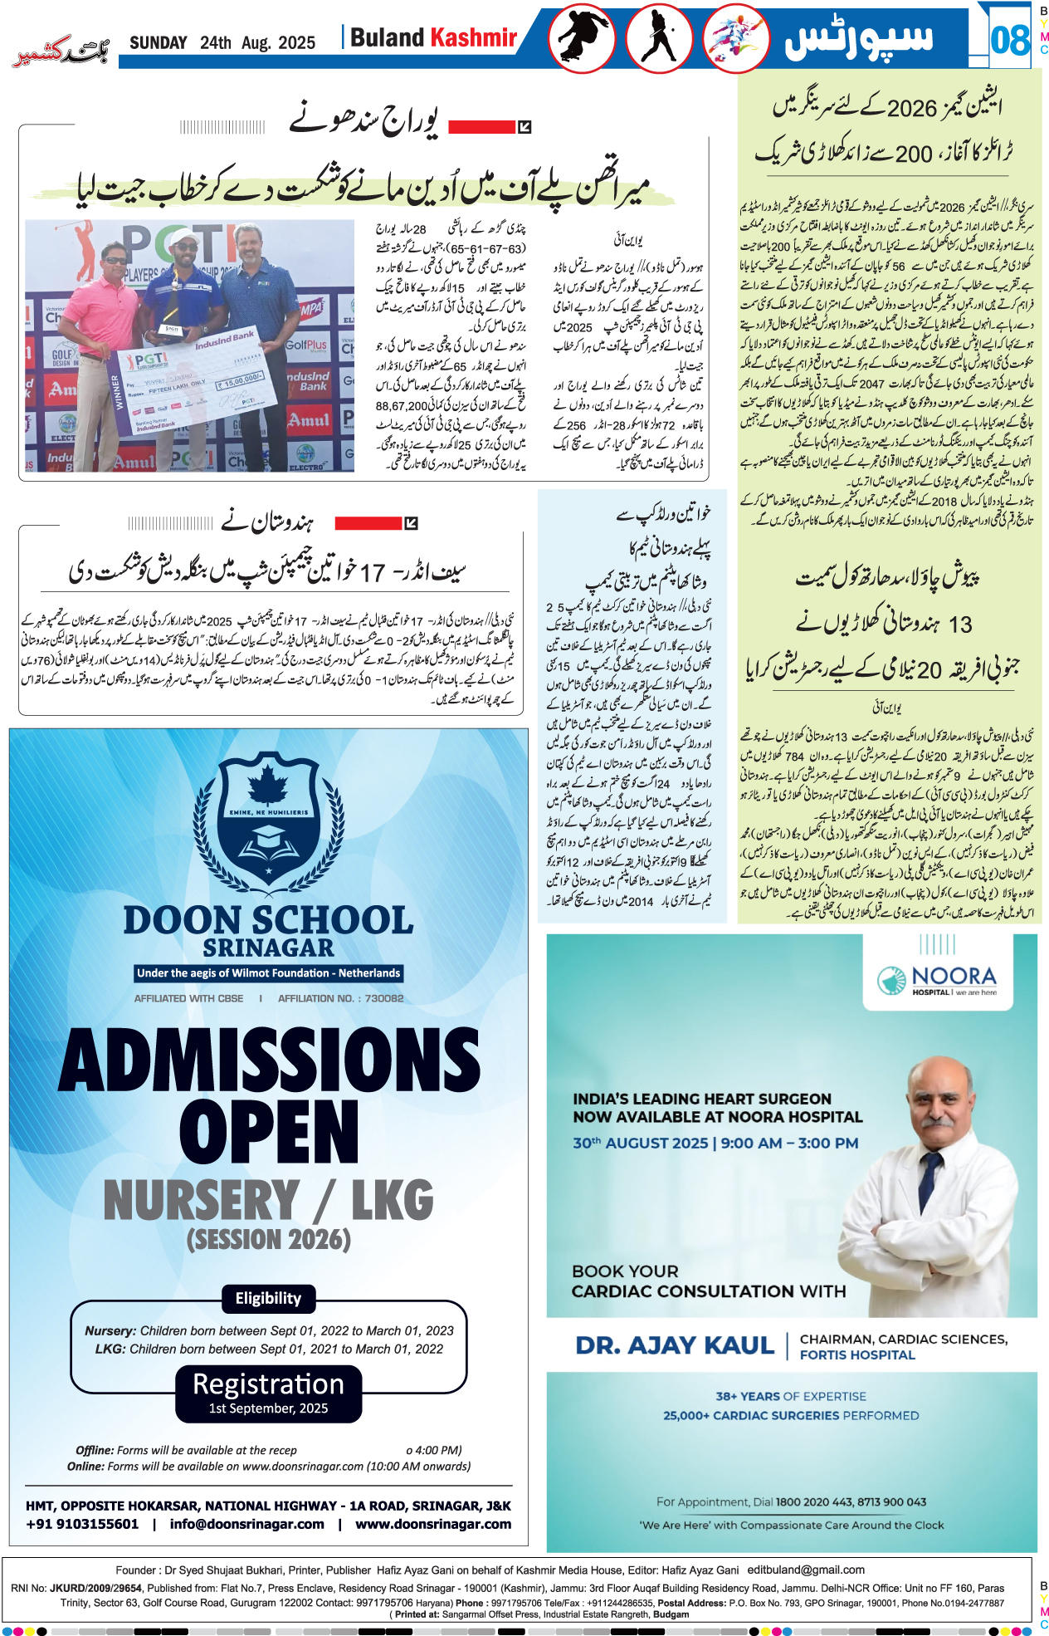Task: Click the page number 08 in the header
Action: click(x=1009, y=39)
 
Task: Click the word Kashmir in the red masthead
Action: click(x=474, y=37)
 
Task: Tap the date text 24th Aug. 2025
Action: click(x=257, y=43)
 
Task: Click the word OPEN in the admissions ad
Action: click(x=269, y=1131)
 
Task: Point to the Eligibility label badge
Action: click(x=268, y=1298)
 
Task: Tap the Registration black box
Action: click(x=268, y=1393)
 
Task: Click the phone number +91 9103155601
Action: click(x=82, y=1524)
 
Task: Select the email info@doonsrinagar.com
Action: click(x=246, y=1524)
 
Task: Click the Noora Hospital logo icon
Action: click(x=892, y=980)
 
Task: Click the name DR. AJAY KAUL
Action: click(x=675, y=1345)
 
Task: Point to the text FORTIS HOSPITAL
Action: click(x=857, y=1354)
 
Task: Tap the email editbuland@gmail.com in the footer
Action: click(x=806, y=1570)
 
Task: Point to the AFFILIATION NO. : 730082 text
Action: click(x=340, y=998)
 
